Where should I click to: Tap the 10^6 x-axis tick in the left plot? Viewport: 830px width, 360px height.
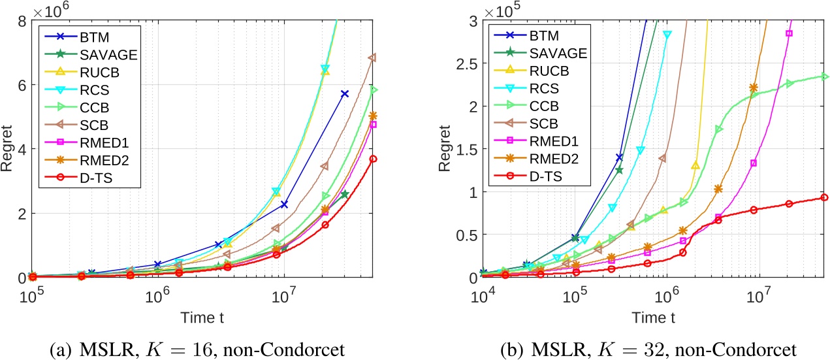pos(157,297)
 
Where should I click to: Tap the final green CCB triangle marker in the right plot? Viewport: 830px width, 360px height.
pos(825,76)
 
